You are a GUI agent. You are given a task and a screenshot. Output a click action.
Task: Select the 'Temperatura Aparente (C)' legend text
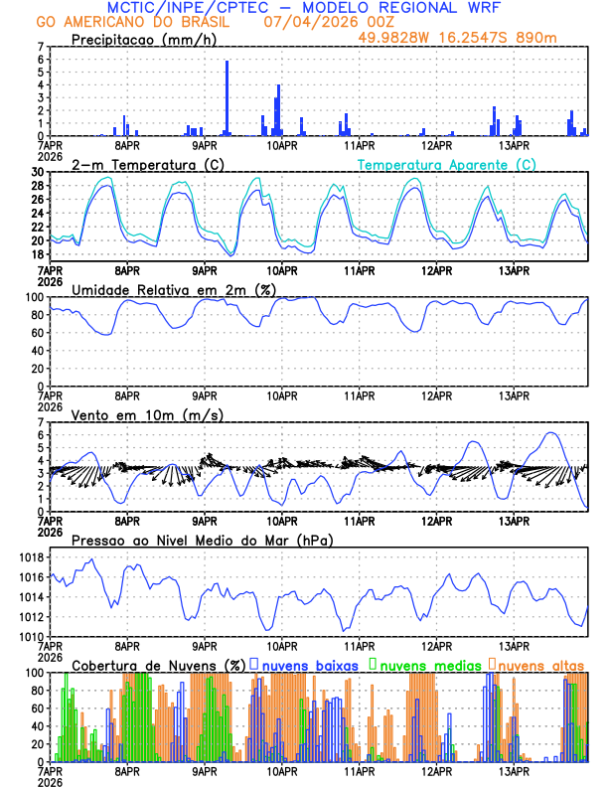(446, 164)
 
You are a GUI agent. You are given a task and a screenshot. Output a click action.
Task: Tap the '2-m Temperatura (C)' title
(139, 164)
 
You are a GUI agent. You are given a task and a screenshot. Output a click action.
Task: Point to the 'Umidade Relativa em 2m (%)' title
(168, 289)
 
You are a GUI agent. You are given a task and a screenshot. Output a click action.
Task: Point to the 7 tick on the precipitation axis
(41, 47)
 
